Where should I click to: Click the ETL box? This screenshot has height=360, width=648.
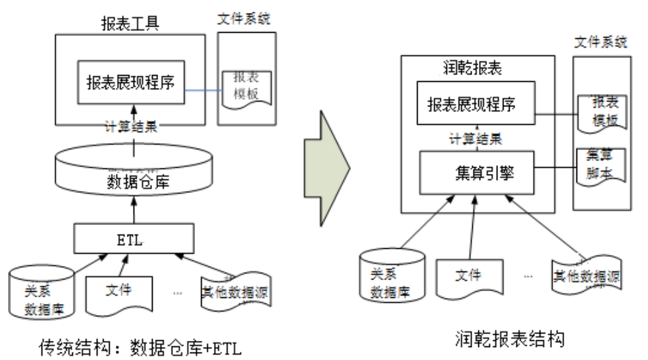pos(134,239)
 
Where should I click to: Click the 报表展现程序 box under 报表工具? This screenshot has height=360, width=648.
pos(131,82)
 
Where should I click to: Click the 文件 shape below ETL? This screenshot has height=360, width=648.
pos(119,290)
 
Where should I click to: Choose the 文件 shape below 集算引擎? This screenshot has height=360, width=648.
pos(467,276)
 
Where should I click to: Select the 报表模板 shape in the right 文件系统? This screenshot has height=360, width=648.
pos(600,111)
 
